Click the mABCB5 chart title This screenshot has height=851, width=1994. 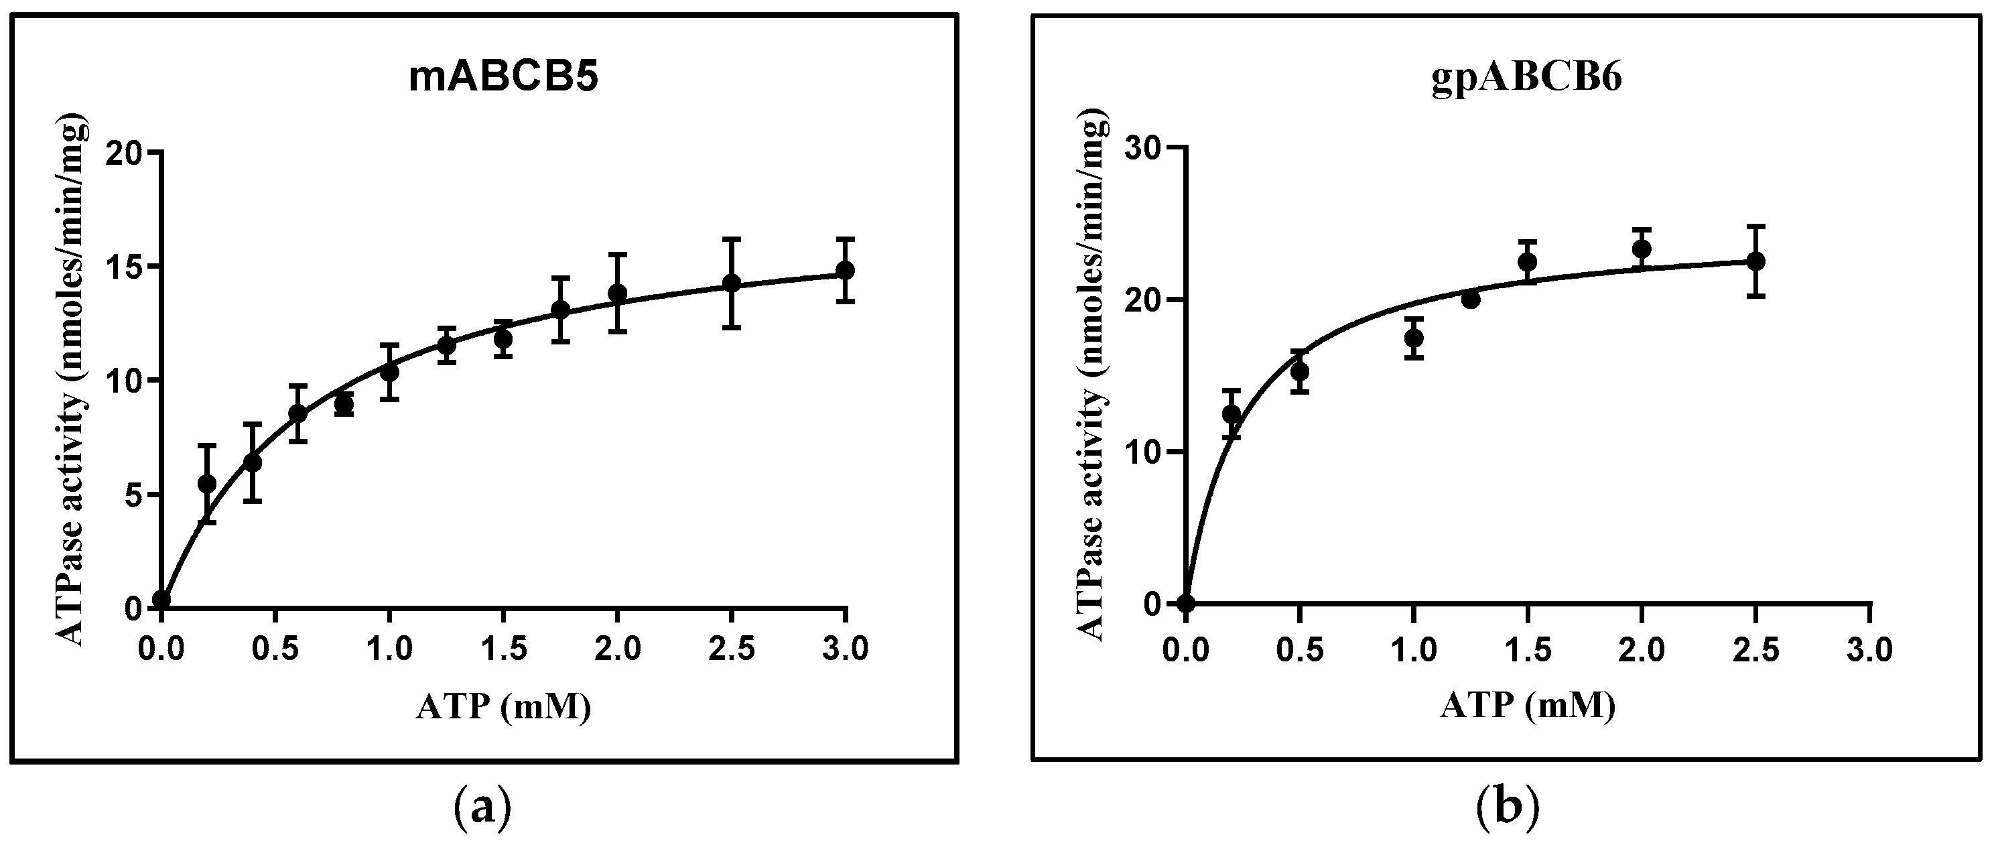point(504,80)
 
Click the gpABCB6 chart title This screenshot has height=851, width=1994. point(1526,80)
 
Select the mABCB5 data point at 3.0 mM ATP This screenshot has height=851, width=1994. point(846,270)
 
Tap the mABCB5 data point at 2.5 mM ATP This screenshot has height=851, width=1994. point(732,283)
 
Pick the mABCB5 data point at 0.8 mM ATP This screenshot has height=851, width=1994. point(344,403)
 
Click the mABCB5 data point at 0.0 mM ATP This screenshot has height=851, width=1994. point(161,599)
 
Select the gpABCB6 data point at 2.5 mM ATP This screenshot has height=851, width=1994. point(1756,261)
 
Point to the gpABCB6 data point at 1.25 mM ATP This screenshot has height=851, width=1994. point(1471,300)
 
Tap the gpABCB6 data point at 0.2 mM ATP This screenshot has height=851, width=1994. point(1232,414)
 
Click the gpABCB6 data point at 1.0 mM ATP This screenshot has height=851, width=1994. point(1414,338)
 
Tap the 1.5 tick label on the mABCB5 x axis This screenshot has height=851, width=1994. point(503,649)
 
